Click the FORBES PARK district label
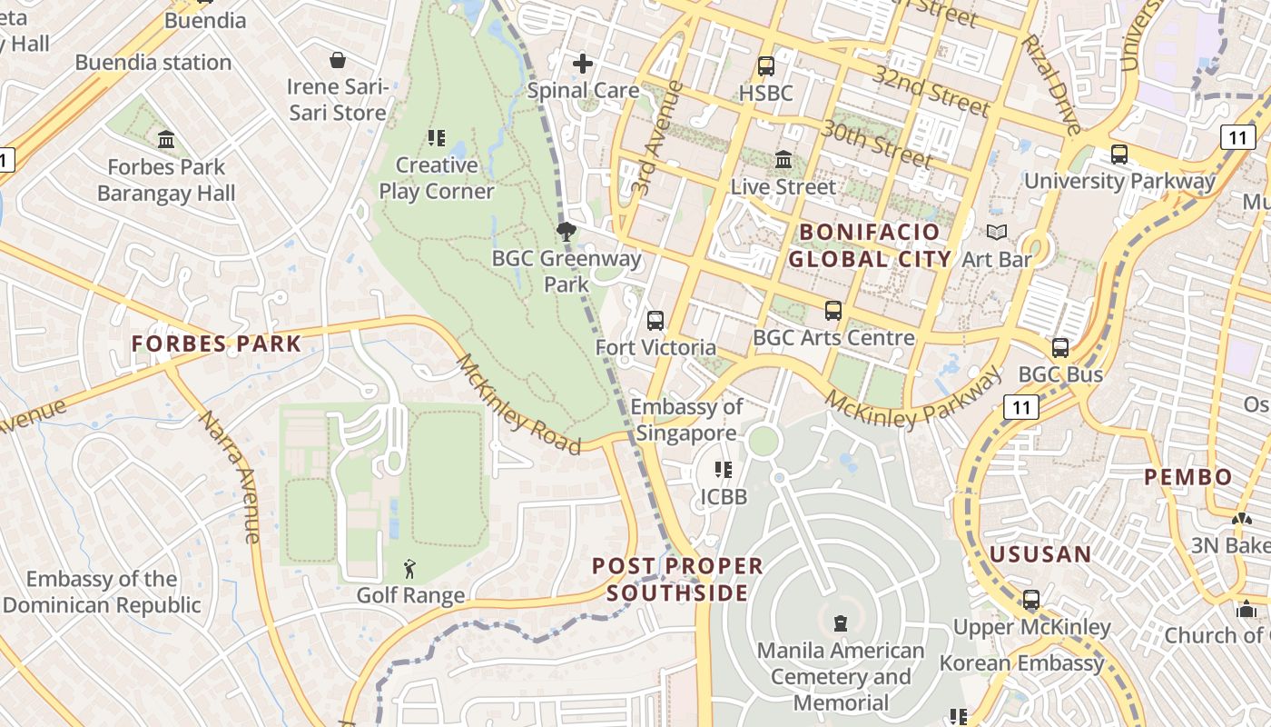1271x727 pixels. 216,344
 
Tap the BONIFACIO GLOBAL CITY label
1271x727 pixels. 870,245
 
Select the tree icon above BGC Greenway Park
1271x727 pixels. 567,232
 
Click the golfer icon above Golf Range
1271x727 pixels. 410,570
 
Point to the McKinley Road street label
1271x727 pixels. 518,405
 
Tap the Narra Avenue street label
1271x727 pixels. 232,477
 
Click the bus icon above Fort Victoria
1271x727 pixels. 655,321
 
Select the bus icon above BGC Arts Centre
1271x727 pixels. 833,311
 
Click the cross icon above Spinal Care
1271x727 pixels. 583,64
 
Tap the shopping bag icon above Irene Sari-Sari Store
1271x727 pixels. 338,60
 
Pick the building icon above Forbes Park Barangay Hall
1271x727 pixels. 166,140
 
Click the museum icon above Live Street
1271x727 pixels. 783,161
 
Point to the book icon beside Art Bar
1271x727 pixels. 997,233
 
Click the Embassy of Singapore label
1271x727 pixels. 687,420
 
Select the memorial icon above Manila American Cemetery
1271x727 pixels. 841,623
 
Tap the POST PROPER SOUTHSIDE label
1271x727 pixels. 677,580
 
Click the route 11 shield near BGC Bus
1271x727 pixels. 1021,407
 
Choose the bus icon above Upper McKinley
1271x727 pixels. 1031,600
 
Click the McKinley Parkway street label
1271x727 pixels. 914,396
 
